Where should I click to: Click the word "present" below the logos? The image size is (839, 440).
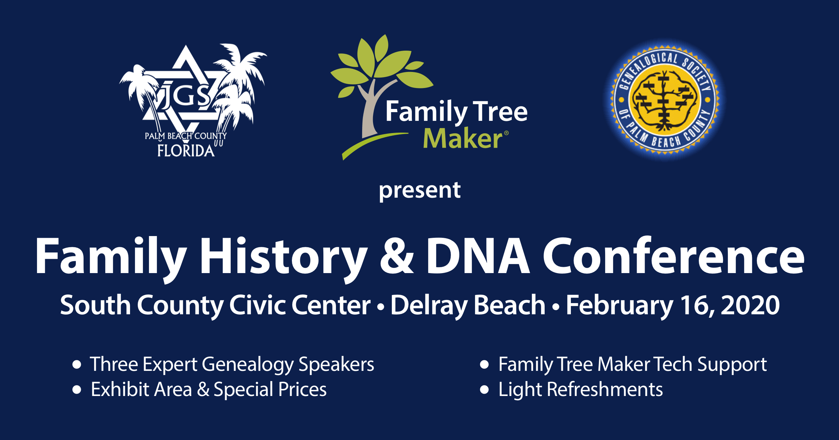click(419, 191)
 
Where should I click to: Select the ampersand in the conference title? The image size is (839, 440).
click(397, 256)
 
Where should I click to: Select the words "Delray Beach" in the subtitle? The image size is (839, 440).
click(468, 307)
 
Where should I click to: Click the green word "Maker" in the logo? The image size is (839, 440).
click(463, 139)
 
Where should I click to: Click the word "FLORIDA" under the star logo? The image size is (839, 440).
click(186, 151)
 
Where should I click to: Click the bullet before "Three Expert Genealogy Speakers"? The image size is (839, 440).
click(77, 365)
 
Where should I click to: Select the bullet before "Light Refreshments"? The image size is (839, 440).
click(484, 390)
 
